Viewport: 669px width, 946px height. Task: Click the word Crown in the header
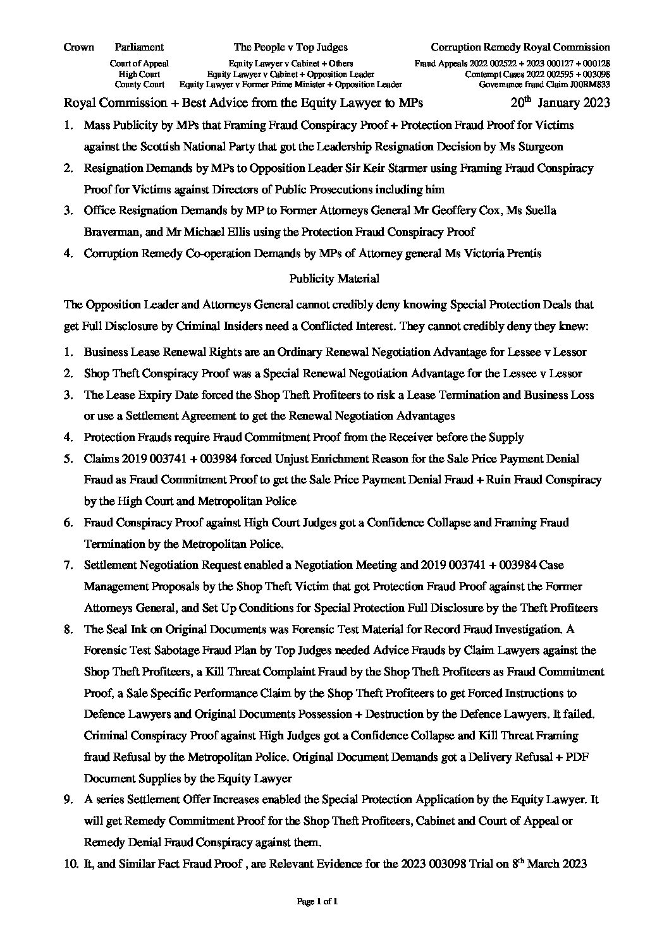coord(79,47)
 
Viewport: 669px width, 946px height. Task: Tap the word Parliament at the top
coord(139,47)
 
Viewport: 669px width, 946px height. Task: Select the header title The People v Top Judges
coord(290,47)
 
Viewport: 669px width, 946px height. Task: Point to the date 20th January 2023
coord(560,103)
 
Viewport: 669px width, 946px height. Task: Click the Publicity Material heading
coord(334,278)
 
